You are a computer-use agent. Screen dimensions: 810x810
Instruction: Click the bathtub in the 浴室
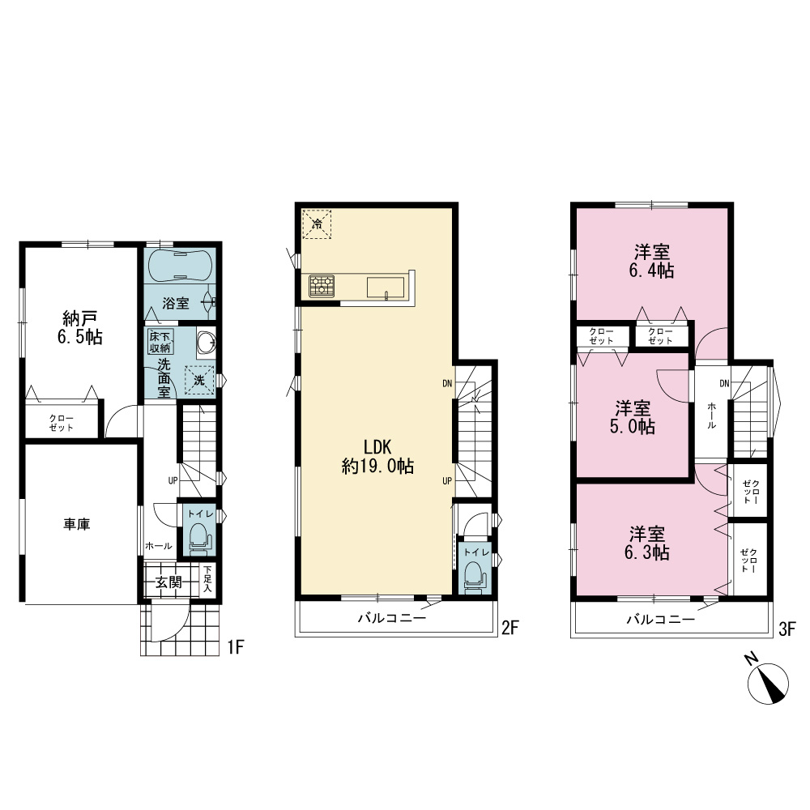pyautogui.click(x=180, y=266)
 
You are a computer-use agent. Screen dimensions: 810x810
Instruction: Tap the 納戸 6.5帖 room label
pyautogui.click(x=79, y=327)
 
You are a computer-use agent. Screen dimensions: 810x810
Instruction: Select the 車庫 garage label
pyautogui.click(x=77, y=524)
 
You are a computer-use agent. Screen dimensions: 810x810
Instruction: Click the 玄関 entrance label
pyautogui.click(x=169, y=582)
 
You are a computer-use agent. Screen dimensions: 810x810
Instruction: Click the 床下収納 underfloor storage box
pyautogui.click(x=160, y=342)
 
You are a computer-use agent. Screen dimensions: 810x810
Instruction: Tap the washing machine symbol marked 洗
pyautogui.click(x=199, y=380)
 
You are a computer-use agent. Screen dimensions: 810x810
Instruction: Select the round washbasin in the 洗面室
pyautogui.click(x=206, y=342)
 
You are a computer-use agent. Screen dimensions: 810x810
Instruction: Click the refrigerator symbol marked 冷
pyautogui.click(x=317, y=224)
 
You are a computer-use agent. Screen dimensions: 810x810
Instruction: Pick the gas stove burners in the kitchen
pyautogui.click(x=322, y=286)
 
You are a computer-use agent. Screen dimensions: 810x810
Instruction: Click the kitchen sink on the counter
pyautogui.click(x=386, y=288)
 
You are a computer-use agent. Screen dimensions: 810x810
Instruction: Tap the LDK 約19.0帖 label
pyautogui.click(x=377, y=457)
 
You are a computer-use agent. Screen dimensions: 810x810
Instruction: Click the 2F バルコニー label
pyautogui.click(x=392, y=618)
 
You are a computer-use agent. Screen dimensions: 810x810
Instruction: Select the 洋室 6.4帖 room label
pyautogui.click(x=652, y=262)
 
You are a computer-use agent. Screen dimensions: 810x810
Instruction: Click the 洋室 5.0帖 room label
pyautogui.click(x=633, y=417)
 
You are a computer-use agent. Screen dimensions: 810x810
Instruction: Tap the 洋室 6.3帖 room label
pyautogui.click(x=647, y=544)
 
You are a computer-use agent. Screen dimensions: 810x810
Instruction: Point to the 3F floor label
pyautogui.click(x=787, y=629)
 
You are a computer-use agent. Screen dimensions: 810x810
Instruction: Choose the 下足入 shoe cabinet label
pyautogui.click(x=207, y=579)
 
